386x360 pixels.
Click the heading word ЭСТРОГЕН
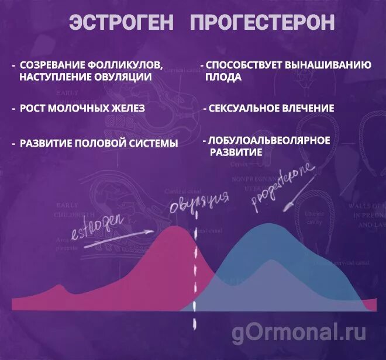coord(121,23)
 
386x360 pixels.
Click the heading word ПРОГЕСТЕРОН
coord(263,23)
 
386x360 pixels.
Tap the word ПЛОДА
coord(223,77)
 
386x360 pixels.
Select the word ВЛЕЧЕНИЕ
coord(308,108)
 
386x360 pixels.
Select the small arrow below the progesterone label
coord(289,205)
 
